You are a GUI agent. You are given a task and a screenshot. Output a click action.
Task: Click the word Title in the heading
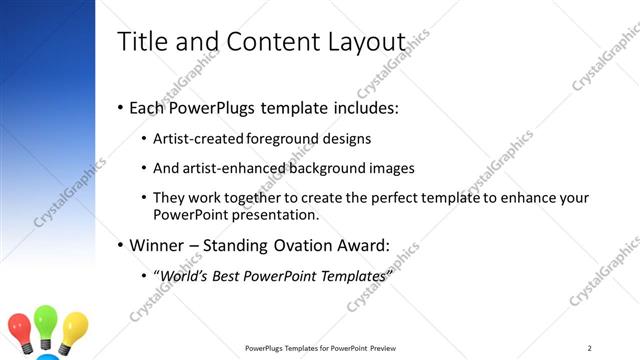click(x=140, y=43)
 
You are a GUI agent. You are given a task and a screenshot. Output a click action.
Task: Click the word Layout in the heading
click(x=365, y=43)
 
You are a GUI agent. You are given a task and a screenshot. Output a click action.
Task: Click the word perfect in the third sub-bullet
click(x=377, y=198)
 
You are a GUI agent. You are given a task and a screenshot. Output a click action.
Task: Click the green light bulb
click(x=47, y=322)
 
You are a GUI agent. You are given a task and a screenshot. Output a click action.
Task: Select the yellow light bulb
click(x=75, y=326)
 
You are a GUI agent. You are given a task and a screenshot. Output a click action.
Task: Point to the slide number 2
click(x=590, y=348)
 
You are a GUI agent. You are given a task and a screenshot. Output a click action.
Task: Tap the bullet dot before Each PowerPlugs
click(x=120, y=106)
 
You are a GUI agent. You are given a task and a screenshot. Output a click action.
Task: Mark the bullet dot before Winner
click(x=120, y=244)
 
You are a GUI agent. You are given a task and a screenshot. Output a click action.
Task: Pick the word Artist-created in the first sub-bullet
click(x=193, y=138)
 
